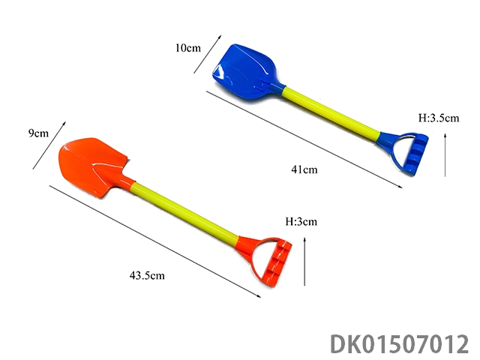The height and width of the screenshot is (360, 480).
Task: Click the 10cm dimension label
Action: (188, 48)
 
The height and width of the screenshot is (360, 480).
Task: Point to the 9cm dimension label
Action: (38, 133)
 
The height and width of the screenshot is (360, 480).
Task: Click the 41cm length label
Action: (304, 169)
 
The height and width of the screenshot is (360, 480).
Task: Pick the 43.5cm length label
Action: (147, 275)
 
